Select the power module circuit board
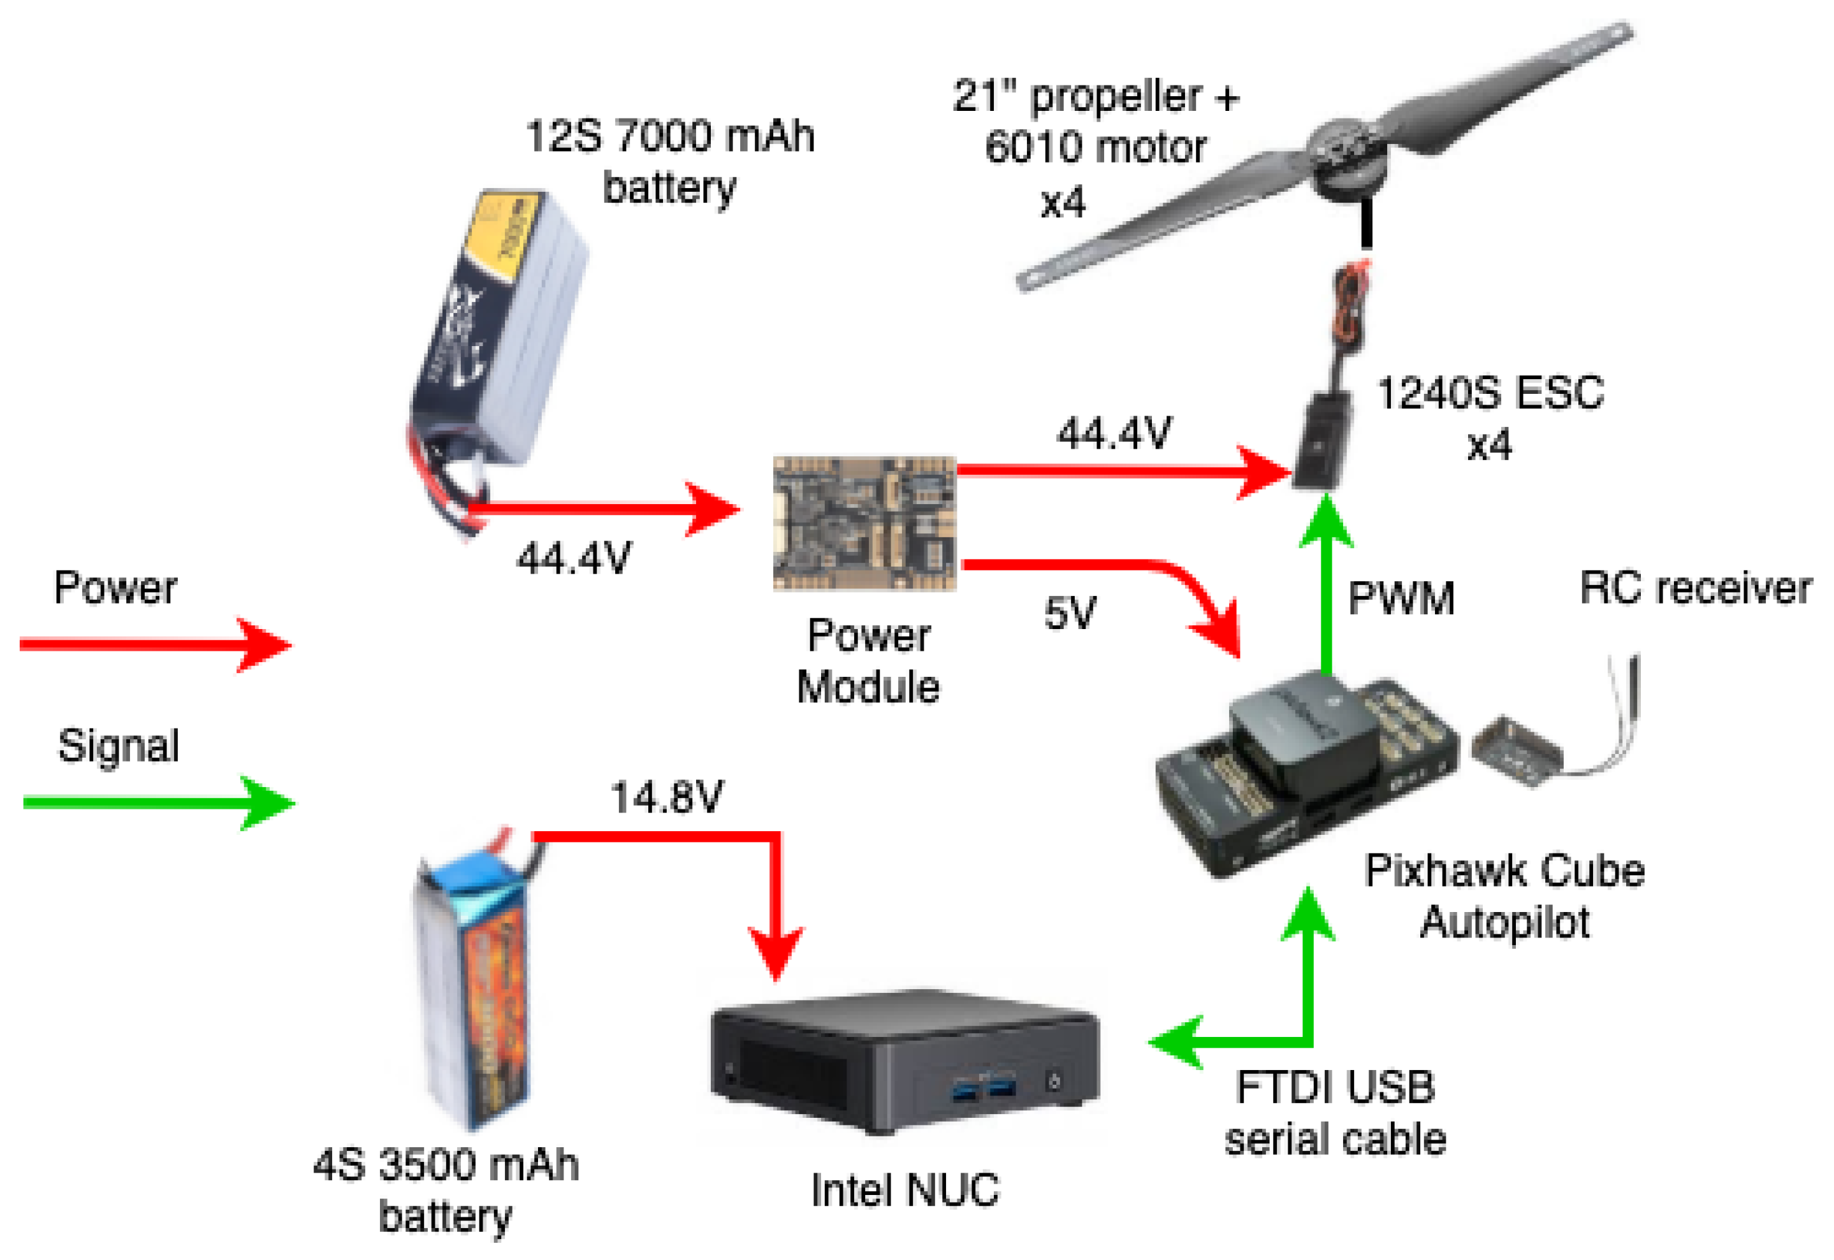pyautogui.click(x=864, y=523)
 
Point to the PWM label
pyautogui.click(x=1401, y=598)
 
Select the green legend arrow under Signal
pyautogui.click(x=158, y=804)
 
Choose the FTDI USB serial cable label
pyautogui.click(x=1334, y=1113)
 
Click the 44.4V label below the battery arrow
pyautogui.click(x=574, y=559)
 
